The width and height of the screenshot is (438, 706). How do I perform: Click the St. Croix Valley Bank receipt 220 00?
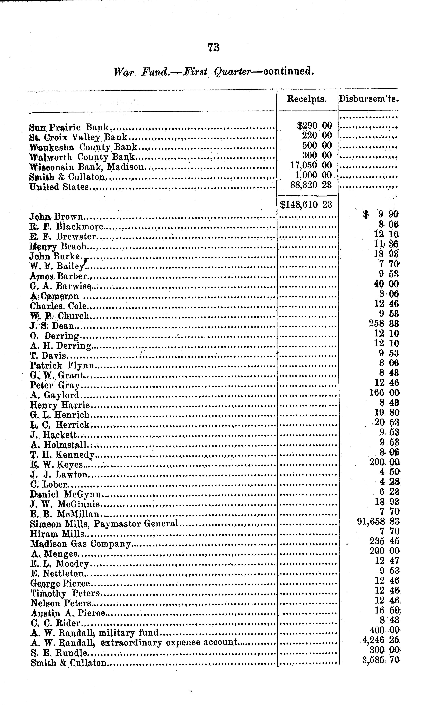[317, 135]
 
